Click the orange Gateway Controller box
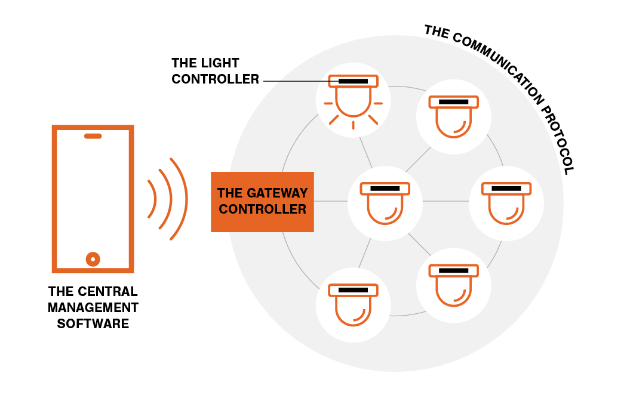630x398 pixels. tap(262, 202)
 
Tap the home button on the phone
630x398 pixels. tap(93, 259)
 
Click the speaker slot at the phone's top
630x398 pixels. tap(93, 136)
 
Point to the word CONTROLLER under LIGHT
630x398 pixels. tap(216, 79)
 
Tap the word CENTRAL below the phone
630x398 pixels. tap(109, 292)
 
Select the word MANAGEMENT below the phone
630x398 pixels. tap(93, 308)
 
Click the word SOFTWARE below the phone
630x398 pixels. tap(93, 324)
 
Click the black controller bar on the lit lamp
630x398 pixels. tap(353, 81)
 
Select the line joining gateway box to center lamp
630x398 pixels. tap(331, 201)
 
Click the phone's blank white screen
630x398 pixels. tap(93, 197)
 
